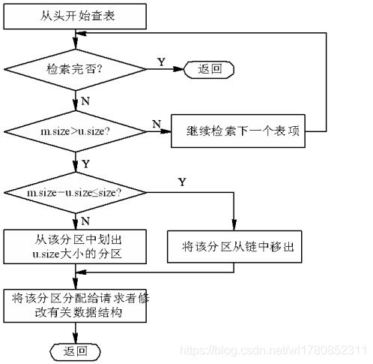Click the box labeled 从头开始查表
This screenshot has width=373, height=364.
tap(75, 17)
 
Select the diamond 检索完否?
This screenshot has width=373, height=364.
tap(75, 69)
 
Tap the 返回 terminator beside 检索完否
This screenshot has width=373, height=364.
tap(209, 69)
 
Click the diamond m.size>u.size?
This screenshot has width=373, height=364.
tap(75, 131)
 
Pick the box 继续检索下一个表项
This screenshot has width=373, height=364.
tap(238, 131)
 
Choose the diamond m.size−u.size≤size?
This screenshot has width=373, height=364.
tap(75, 193)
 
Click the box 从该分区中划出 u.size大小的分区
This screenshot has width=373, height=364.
tap(75, 247)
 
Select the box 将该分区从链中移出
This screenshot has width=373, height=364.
tap(234, 247)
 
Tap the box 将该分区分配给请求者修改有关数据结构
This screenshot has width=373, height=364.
tap(75, 305)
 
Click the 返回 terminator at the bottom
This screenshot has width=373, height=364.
tap(75, 351)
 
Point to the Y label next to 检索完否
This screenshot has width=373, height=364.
tap(162, 62)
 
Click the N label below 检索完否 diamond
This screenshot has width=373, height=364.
tap(85, 101)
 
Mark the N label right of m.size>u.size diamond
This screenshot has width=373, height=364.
tap(157, 124)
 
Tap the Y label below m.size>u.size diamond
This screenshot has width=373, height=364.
tap(85, 164)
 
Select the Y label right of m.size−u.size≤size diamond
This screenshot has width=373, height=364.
tap(182, 182)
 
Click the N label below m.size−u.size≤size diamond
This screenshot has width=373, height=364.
tap(85, 221)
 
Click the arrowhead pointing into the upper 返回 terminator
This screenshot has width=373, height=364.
tap(178, 69)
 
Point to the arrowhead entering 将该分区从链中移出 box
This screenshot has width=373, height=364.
tap(234, 224)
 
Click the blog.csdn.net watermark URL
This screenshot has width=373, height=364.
tap(273, 350)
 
